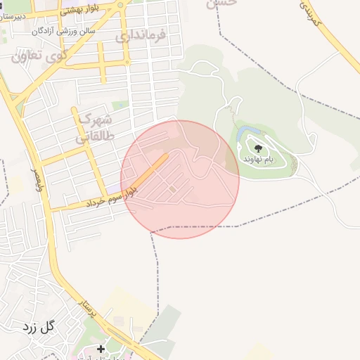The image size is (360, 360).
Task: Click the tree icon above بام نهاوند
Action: pos(258,148)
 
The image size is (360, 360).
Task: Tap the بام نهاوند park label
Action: pos(257,160)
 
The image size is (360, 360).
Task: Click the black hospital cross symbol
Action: pos(101,348)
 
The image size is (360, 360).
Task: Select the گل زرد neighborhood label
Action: pos(39,326)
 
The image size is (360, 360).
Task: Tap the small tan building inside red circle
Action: pos(172,188)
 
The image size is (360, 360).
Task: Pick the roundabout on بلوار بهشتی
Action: pos(121,5)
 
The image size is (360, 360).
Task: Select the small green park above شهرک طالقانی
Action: pos(120,105)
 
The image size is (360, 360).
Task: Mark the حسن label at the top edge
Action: pos(221,3)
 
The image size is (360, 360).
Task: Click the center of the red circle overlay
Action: pos(180,179)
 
